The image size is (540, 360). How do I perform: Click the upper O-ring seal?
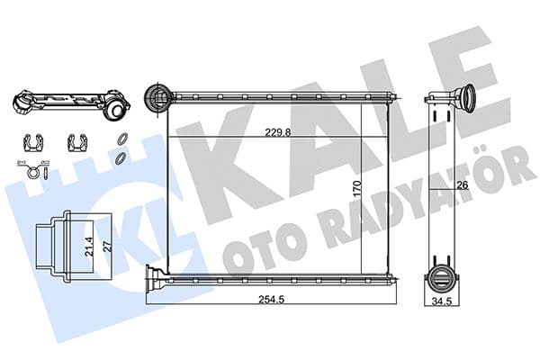click(x=120, y=139)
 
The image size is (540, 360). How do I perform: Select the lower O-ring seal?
click(x=120, y=158)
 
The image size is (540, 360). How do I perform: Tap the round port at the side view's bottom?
click(x=442, y=277)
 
